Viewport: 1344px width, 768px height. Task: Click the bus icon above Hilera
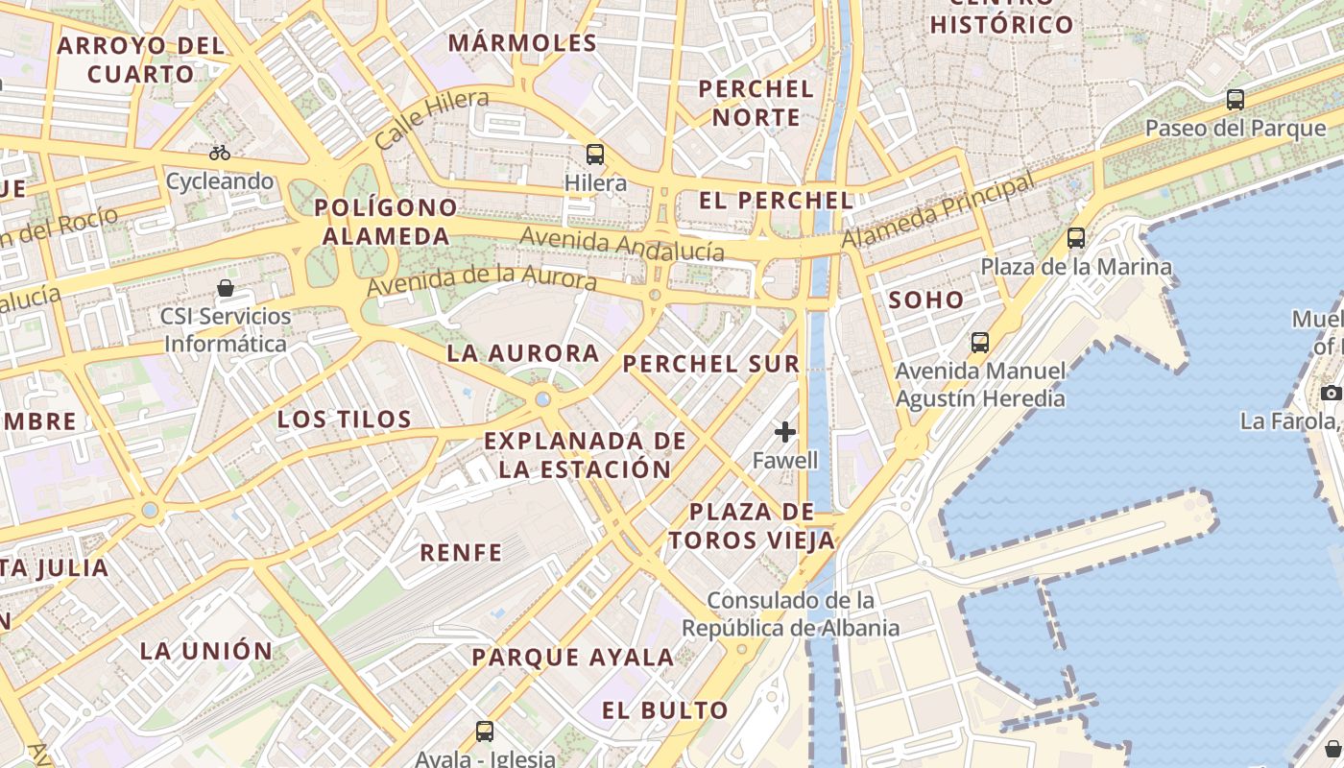pyautogui.click(x=595, y=154)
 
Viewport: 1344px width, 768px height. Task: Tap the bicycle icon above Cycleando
pyautogui.click(x=220, y=153)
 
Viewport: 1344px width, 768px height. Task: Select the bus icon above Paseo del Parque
pyautogui.click(x=1236, y=99)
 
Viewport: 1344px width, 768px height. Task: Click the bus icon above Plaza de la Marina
pyautogui.click(x=1076, y=237)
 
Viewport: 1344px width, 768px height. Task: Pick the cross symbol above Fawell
pyautogui.click(x=785, y=432)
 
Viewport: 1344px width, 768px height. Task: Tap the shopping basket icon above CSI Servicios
pyautogui.click(x=226, y=287)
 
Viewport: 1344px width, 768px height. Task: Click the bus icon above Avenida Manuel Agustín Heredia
pyautogui.click(x=980, y=342)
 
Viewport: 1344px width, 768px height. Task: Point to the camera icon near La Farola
pyautogui.click(x=1331, y=392)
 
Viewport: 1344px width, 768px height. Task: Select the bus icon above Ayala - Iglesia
pyautogui.click(x=485, y=731)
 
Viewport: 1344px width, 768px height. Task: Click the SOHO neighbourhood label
pyautogui.click(x=925, y=300)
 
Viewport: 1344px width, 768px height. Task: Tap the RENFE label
pyautogui.click(x=461, y=552)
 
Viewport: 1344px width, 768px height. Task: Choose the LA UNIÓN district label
pyautogui.click(x=206, y=650)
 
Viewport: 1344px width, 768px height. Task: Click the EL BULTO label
pyautogui.click(x=665, y=710)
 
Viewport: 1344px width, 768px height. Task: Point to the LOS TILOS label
pyautogui.click(x=344, y=419)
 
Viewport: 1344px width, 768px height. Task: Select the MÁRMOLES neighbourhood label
pyautogui.click(x=522, y=42)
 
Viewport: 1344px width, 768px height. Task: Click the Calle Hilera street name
pyautogui.click(x=431, y=119)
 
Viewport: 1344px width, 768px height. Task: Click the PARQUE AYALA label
pyautogui.click(x=572, y=658)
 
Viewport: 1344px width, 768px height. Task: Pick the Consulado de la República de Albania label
pyautogui.click(x=791, y=614)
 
